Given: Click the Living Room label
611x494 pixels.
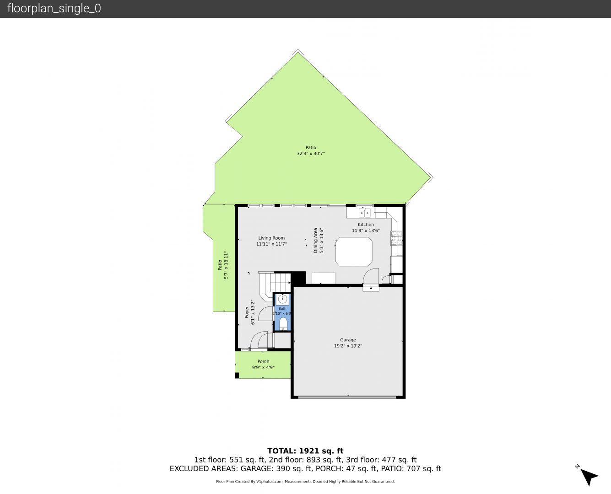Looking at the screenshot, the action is click(x=271, y=238).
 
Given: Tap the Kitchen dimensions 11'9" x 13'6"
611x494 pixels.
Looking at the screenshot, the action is click(x=366, y=231).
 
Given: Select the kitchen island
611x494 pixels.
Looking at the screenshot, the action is click(x=354, y=252).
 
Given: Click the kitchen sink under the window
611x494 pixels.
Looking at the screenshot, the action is click(x=365, y=213).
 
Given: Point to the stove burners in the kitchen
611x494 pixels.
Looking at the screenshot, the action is click(x=396, y=238).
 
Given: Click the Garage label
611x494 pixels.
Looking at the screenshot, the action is click(x=348, y=340).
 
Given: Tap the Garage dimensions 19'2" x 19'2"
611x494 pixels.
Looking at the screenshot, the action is click(x=348, y=346).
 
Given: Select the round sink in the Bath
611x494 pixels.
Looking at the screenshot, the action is click(x=283, y=299).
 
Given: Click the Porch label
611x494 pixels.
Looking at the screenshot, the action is click(x=263, y=361).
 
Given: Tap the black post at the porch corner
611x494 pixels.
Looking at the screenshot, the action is click(x=237, y=375).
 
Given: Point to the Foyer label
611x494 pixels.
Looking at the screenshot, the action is click(x=247, y=312).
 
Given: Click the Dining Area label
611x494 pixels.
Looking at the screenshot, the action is click(x=315, y=240).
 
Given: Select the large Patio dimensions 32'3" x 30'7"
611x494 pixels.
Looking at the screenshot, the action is click(x=311, y=154).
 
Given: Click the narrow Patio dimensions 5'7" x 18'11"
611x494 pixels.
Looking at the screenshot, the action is click(x=226, y=265).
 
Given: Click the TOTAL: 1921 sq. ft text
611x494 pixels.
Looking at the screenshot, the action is click(x=305, y=451).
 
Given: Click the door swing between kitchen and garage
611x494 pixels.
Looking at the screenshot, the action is click(x=371, y=276).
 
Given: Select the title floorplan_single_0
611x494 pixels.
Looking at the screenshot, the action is click(x=54, y=9).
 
